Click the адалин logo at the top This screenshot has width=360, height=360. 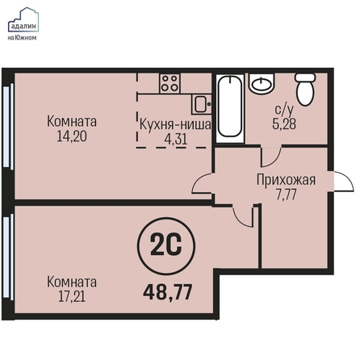(x=23, y=24)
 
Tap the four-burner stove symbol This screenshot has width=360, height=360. (x=170, y=83)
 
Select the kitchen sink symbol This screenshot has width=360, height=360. (x=201, y=104)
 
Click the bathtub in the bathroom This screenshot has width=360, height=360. (x=229, y=107)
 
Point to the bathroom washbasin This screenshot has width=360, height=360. (x=262, y=83)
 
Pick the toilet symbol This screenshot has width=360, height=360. (x=305, y=90)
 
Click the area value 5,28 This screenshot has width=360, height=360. (x=284, y=124)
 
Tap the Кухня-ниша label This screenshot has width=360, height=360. (x=175, y=125)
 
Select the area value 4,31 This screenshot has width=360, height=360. (x=176, y=140)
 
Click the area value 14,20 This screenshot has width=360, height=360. (x=72, y=136)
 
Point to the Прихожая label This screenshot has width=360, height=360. (x=286, y=180)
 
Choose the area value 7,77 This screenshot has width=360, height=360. (x=286, y=195)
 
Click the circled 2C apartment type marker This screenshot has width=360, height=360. (x=166, y=246)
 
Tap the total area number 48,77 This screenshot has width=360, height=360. (x=168, y=292)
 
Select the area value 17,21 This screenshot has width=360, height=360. (x=72, y=297)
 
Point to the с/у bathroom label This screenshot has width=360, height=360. (x=284, y=110)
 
